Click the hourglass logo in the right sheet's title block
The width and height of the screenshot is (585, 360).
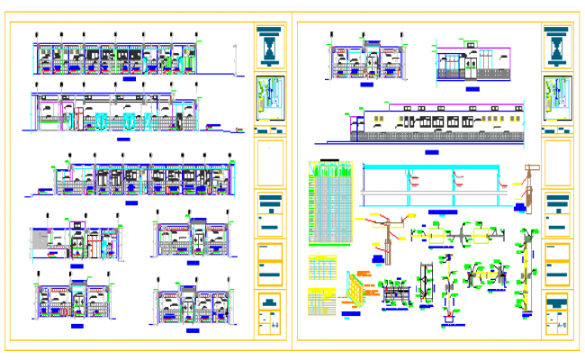coord(557,45)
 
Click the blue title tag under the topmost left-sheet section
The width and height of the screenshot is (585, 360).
coord(130,80)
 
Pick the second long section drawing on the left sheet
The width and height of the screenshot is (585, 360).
coord(117,112)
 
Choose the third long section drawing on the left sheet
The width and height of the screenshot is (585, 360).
coord(135,177)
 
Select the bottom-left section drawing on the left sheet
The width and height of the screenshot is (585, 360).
coord(72,297)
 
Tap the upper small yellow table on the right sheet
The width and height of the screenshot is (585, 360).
coord(322,268)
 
